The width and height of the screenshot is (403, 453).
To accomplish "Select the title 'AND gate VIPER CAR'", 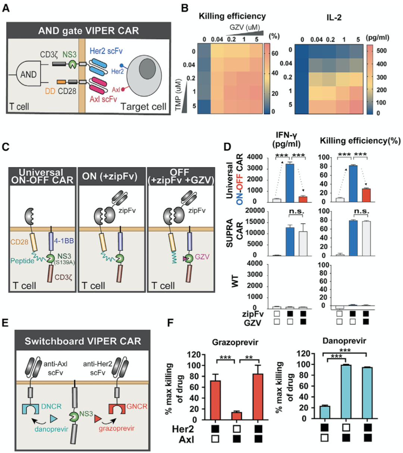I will click(x=88, y=31).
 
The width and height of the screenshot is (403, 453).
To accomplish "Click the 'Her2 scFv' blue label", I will click(x=106, y=51).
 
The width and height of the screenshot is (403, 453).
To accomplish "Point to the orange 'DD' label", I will click(x=50, y=91).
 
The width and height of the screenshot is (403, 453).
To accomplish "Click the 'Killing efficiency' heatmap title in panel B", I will click(x=232, y=16).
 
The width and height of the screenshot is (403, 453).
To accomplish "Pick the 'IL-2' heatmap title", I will click(x=334, y=17).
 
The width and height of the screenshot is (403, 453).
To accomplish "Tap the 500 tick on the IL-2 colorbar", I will click(x=381, y=51).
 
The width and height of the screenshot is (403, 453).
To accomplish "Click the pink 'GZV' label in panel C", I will click(x=202, y=257).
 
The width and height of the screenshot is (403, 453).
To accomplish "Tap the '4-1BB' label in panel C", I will click(x=65, y=241).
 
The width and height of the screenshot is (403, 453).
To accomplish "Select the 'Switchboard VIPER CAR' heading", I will click(x=83, y=341).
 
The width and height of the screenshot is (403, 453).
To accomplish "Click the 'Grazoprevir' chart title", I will click(x=235, y=342).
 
